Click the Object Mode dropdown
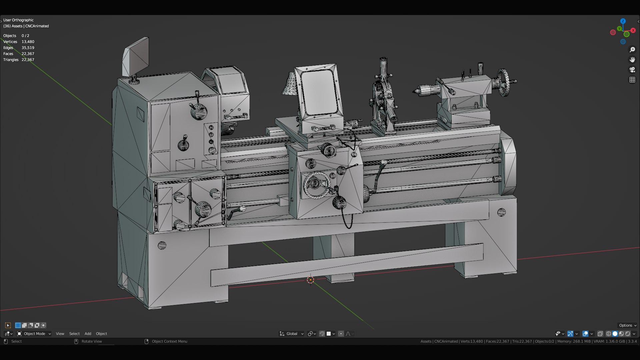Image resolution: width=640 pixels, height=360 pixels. pos(34,334)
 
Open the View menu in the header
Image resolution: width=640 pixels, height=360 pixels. pos(60,334)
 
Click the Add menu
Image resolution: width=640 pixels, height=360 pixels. pos(88,334)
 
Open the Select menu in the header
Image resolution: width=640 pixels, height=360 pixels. pos(74,334)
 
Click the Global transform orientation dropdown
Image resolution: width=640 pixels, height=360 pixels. pos(292,334)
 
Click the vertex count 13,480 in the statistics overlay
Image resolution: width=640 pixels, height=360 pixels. pos(28,42)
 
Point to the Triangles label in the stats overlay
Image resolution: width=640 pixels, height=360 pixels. pos(11,60)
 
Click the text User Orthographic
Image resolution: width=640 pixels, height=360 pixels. pos(18,20)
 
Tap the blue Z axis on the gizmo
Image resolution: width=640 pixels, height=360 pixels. pos(623,21)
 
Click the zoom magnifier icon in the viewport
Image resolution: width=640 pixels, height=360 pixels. pos(632,50)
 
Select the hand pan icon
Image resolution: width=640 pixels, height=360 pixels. pos(632,60)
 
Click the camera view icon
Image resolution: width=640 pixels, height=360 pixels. pos(632,70)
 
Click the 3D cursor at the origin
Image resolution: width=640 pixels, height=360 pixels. pos(310,280)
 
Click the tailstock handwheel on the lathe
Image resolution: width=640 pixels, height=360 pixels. pos(504,82)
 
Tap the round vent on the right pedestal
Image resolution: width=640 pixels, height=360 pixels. pos(501,212)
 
